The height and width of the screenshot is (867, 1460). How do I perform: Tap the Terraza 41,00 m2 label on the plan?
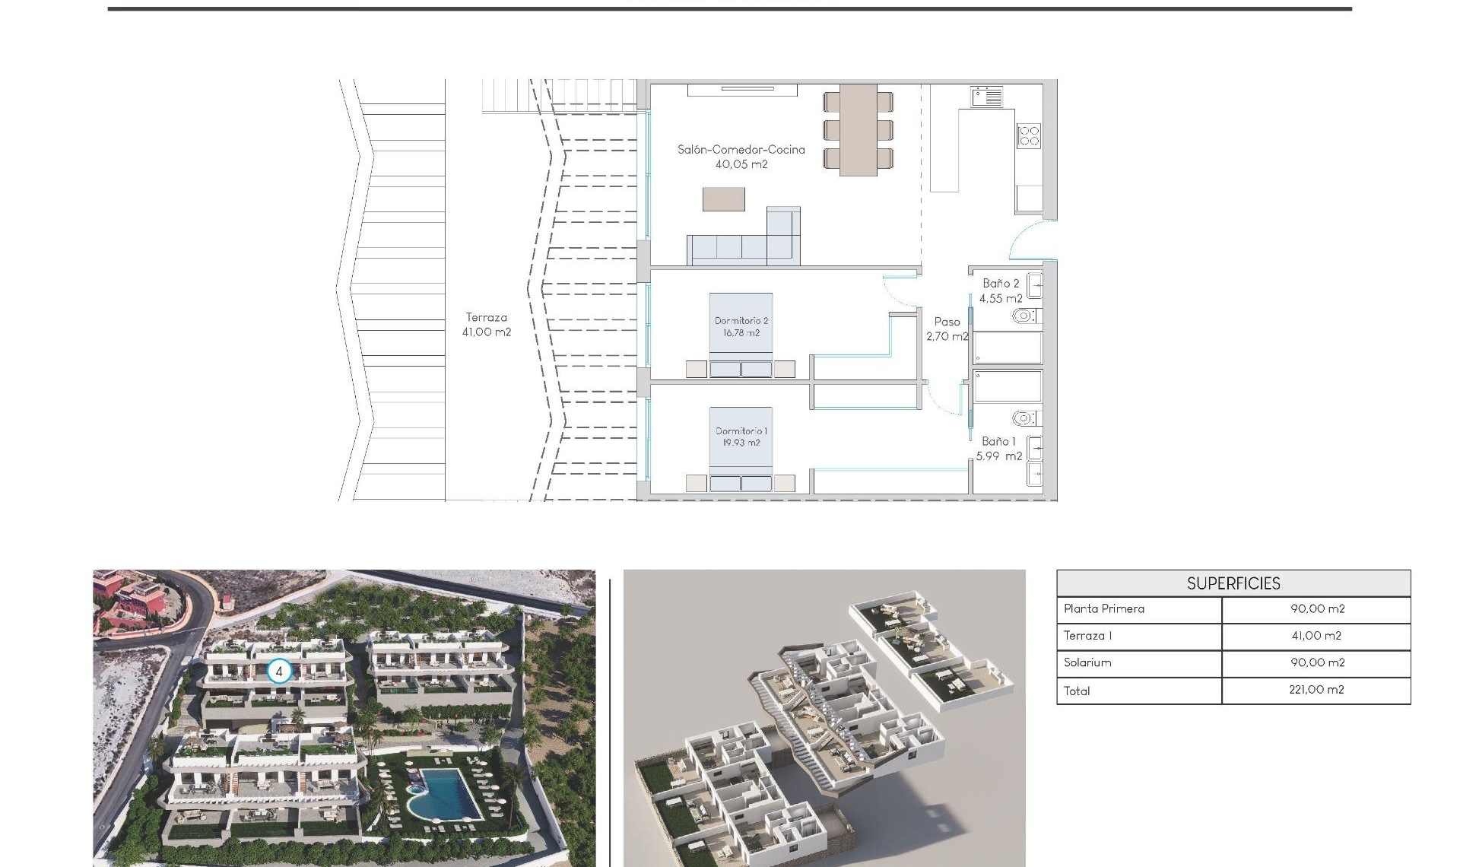point(487,325)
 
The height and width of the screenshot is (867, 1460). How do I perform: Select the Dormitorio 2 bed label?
point(741,327)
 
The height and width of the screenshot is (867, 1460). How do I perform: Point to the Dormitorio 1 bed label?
point(741,437)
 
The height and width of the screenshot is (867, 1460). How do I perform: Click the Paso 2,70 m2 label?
point(947,329)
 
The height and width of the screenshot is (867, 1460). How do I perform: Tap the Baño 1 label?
point(999,449)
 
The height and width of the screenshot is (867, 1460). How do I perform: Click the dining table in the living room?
point(858,129)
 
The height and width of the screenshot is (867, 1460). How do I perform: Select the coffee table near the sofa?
point(723,199)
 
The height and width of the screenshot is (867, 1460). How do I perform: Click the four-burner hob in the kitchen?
point(1029,136)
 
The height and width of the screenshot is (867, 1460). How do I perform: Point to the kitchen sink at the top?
point(986,97)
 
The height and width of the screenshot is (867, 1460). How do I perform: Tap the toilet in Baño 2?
point(1024,316)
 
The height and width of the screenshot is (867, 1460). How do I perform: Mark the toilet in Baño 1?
point(1024,418)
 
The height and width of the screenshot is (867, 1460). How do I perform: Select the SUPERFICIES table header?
point(1233,583)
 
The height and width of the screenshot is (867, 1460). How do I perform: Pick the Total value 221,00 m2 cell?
point(1316,690)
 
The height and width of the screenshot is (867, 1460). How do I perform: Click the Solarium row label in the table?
point(1087,662)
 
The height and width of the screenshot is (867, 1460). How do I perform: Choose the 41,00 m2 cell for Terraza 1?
point(1316,636)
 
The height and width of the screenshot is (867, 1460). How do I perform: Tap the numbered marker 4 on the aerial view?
point(279,672)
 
